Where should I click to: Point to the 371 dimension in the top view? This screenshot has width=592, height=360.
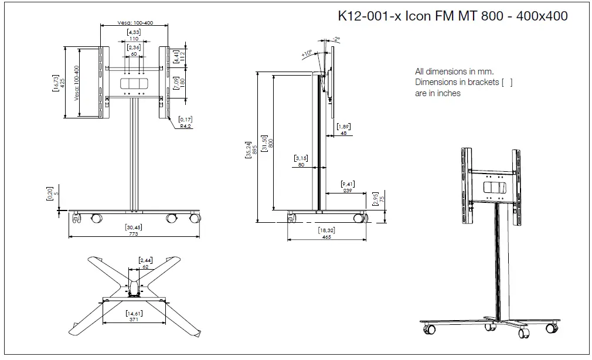(134, 320)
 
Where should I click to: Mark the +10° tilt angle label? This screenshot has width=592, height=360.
(307, 54)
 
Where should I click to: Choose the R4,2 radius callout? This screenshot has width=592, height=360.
(186, 125)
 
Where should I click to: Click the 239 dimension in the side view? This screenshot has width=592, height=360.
(348, 191)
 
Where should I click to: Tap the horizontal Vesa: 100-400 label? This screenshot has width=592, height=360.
(135, 22)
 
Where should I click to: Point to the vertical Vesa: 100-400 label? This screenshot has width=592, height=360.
(76, 83)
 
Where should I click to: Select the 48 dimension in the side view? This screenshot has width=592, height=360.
(343, 133)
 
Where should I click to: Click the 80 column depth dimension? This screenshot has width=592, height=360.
(301, 165)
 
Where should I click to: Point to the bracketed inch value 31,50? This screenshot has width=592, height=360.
(264, 144)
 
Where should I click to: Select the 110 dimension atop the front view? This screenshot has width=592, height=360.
(134, 38)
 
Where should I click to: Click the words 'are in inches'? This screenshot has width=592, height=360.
(437, 93)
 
